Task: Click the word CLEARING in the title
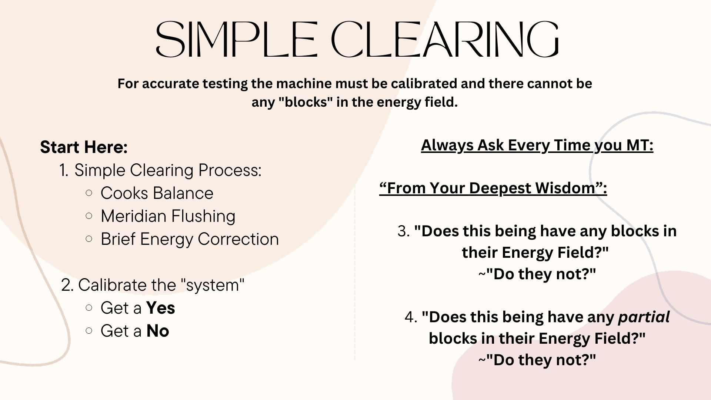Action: [445, 39]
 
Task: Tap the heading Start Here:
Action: [84, 147]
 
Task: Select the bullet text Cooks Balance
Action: [157, 193]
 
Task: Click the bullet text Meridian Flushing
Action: [168, 216]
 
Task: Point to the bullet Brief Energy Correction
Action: [190, 239]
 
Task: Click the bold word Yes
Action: [161, 308]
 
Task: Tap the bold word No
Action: [158, 331]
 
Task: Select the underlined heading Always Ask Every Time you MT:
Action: [537, 145]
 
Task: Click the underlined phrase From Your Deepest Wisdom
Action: [493, 188]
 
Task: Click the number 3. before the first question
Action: [404, 231]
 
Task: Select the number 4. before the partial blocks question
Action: [411, 317]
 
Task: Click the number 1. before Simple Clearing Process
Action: [64, 170]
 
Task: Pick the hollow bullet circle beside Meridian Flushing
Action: [89, 216]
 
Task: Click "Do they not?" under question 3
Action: [537, 274]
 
